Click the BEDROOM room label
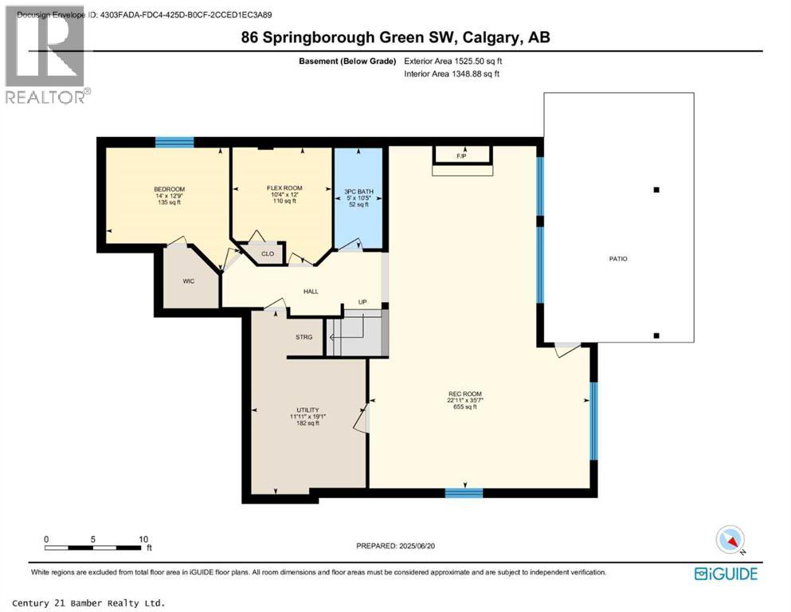coord(168,189)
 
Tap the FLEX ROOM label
coord(284,188)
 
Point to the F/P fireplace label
coord(460,156)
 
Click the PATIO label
coord(618,258)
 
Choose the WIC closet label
coord(189,280)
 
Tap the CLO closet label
coord(268,254)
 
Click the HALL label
coord(311,291)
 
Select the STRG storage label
coord(303,337)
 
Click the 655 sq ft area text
coord(464,407)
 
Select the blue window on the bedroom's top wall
coord(174,143)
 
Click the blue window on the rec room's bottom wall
coord(464,492)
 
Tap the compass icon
coord(730,539)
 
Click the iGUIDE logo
coord(726,573)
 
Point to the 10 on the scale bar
coord(144,539)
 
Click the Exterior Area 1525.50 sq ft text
coord(452,61)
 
